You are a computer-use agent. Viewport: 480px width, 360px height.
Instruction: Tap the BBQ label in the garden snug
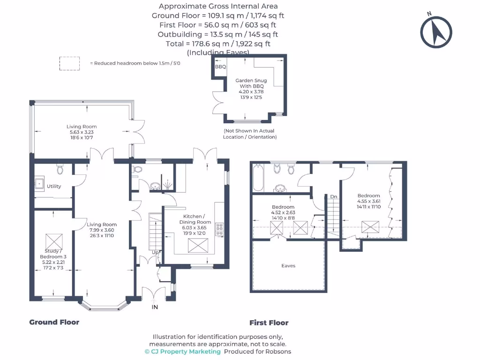click(x=220, y=67)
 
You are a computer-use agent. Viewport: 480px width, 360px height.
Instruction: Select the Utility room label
click(x=54, y=186)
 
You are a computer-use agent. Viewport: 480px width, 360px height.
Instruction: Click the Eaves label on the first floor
click(x=288, y=266)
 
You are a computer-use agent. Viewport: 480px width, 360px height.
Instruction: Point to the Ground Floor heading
click(x=54, y=322)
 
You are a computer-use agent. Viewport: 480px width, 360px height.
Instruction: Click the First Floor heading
click(x=269, y=322)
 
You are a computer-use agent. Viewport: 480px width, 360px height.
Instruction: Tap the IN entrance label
click(x=155, y=307)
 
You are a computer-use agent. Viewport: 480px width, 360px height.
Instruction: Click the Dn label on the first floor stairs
click(x=333, y=196)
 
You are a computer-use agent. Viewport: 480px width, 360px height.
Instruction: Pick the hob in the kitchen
click(x=219, y=229)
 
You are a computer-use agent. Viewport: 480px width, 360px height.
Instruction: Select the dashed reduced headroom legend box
click(x=69, y=63)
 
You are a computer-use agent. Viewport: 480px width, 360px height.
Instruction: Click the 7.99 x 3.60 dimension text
click(x=101, y=230)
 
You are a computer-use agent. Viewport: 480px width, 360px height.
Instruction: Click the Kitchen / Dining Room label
click(x=195, y=219)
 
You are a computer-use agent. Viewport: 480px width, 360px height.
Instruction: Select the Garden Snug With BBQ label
click(x=251, y=83)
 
